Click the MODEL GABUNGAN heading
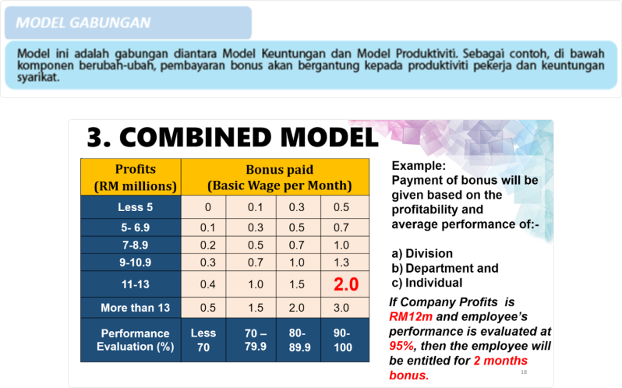(83, 23)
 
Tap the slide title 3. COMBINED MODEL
(232, 138)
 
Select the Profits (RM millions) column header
(131, 178)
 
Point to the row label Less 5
(131, 207)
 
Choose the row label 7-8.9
(131, 245)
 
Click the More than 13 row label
(131, 308)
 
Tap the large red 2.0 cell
(345, 285)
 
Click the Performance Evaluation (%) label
(131, 340)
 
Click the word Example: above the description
(419, 166)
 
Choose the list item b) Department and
(445, 269)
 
